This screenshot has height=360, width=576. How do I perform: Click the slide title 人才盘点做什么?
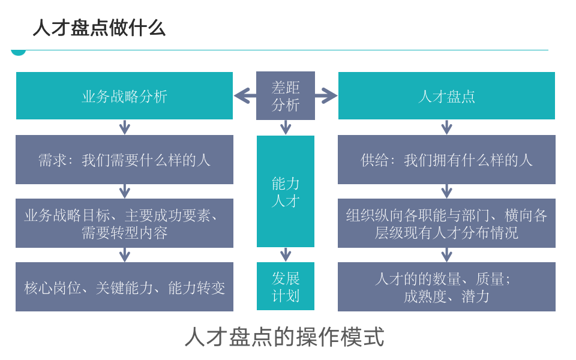point(99,28)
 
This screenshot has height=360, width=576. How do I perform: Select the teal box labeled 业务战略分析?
point(124,96)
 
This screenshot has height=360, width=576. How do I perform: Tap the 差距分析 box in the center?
point(286,96)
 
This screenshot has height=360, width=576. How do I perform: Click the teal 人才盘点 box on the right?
point(446,96)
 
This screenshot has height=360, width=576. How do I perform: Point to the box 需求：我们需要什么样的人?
point(124,160)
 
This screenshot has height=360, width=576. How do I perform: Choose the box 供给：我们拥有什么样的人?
point(446,160)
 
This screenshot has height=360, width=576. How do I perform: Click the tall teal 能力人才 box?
point(286,191)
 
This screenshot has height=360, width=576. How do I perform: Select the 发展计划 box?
point(286,286)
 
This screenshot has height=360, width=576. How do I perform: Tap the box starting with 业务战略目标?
point(124,223)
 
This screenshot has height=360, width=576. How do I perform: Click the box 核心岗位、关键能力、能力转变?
point(124,287)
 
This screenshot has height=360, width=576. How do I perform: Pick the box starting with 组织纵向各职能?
point(446,223)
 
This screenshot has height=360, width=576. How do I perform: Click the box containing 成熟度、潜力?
point(446,287)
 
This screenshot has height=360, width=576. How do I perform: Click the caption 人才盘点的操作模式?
point(284,337)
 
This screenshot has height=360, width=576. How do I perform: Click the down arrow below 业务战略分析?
point(124,127)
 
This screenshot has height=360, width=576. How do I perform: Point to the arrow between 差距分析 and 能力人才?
point(286,127)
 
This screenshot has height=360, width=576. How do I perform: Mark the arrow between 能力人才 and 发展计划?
point(286,254)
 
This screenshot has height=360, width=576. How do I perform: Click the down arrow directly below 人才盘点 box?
point(446,127)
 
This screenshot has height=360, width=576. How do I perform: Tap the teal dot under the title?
point(19,52)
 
